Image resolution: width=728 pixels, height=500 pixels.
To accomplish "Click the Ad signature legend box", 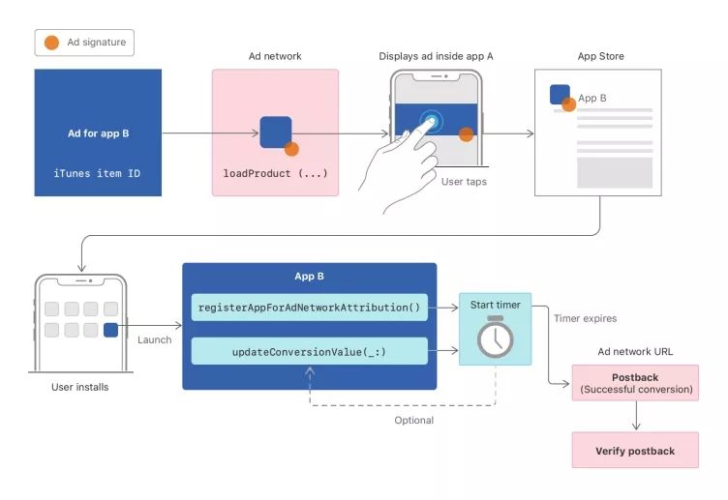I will pyautogui.click(x=85, y=43).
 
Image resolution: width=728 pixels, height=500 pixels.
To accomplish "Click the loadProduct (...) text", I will pyautogui.click(x=275, y=173).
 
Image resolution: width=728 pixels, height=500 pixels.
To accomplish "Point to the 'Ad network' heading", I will pyautogui.click(x=275, y=56).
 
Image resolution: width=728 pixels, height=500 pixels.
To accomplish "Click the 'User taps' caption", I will pyautogui.click(x=464, y=181).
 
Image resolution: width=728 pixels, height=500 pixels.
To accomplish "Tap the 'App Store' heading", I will pyautogui.click(x=600, y=56).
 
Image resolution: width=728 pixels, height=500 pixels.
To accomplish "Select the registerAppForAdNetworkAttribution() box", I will pyautogui.click(x=309, y=307).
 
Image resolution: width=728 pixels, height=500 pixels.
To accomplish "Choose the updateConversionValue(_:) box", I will pyautogui.click(x=309, y=351).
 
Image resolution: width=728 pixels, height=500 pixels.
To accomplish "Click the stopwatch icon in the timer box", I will pyautogui.click(x=495, y=337).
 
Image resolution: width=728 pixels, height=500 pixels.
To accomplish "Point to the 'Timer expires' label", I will pyautogui.click(x=584, y=318).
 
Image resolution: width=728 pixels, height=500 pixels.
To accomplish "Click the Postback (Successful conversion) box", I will pyautogui.click(x=635, y=384).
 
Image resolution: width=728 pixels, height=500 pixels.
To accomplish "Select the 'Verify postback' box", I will pyautogui.click(x=635, y=451).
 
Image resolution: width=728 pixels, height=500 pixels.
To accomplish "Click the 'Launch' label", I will pyautogui.click(x=154, y=339).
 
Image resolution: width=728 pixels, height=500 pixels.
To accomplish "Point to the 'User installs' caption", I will pyautogui.click(x=79, y=388).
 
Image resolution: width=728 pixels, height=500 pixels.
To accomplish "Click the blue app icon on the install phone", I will pyautogui.click(x=111, y=330).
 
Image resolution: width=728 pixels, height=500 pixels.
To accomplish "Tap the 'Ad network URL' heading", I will pyautogui.click(x=635, y=351).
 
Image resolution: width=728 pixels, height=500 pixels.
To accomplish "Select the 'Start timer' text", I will pyautogui.click(x=495, y=305).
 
